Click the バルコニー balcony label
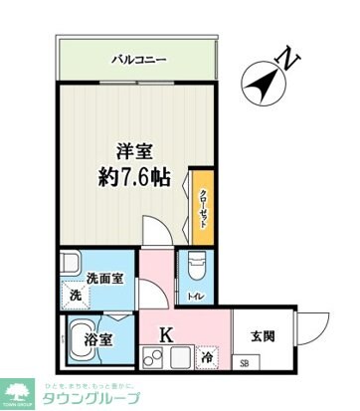point(137,61)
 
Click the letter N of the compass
point(288,59)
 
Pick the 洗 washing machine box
point(74,297)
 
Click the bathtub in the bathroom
point(80,339)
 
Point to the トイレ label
point(195,297)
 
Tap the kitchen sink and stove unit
point(165,360)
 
